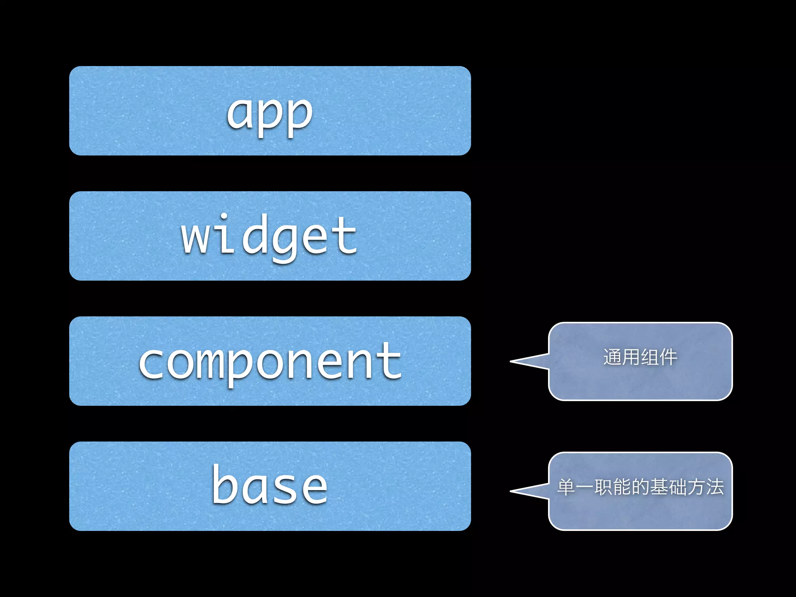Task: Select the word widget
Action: coord(269,237)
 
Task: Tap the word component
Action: coord(270,362)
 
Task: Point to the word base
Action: coord(270,486)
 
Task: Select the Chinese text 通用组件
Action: coord(640,357)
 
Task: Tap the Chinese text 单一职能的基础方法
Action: coord(640,487)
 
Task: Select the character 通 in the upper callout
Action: coord(613,357)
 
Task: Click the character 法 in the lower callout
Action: coord(714,487)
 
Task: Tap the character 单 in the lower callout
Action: coord(566,487)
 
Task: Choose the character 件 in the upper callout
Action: coord(668,357)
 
